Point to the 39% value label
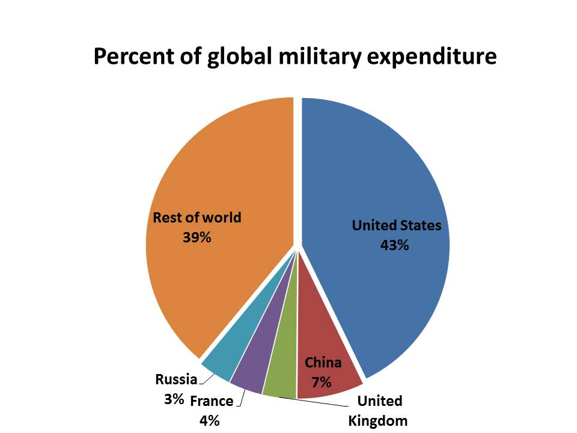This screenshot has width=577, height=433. pos(197,238)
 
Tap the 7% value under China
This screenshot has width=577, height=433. pos(322,382)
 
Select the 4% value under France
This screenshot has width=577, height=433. pos(209,420)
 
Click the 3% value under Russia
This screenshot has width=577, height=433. pos(174,399)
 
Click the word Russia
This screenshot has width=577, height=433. pos(176,379)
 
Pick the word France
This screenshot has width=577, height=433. pos(212,402)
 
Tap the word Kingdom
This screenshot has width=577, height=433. pos(378,420)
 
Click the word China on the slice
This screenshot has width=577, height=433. pos(323,363)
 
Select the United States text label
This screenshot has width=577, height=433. pos(397,226)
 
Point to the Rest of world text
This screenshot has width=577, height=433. pos(197,218)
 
